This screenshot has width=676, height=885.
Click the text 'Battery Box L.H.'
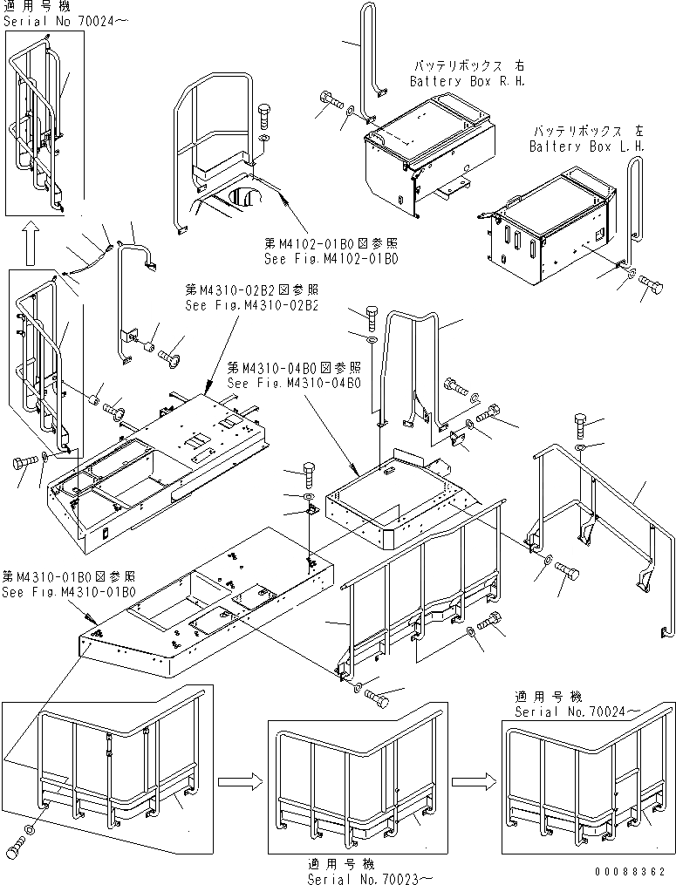[x=587, y=146]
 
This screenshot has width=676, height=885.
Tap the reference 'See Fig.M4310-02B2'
[x=251, y=306]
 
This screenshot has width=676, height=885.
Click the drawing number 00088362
[x=630, y=871]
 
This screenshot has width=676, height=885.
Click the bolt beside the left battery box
[x=650, y=285]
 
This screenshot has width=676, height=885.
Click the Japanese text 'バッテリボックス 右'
[x=467, y=65]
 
